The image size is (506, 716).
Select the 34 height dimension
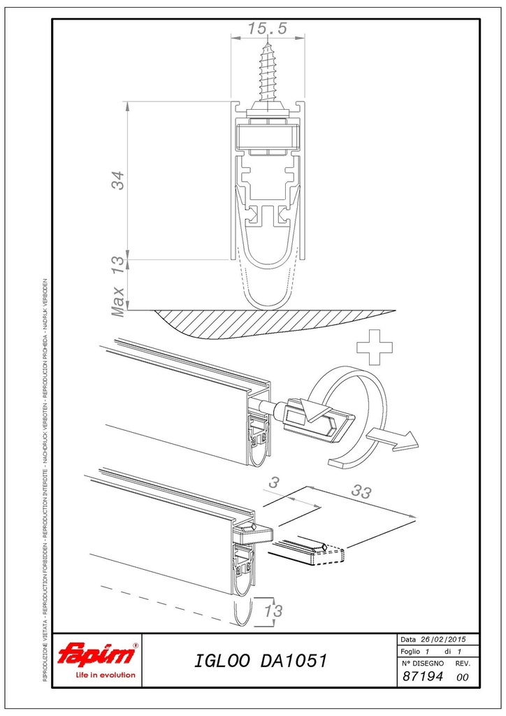(x=117, y=180)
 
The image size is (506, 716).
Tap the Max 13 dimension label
(x=117, y=286)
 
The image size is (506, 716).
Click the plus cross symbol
(x=374, y=347)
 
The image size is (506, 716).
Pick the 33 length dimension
(x=361, y=492)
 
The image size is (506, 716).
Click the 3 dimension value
(x=273, y=482)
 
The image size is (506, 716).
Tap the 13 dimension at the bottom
(x=273, y=610)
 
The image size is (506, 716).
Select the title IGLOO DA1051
(x=261, y=660)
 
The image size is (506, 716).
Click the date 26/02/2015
(x=443, y=639)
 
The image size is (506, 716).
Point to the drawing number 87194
(x=423, y=676)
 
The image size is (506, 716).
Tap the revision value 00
(x=462, y=677)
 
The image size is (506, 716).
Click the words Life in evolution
(x=106, y=675)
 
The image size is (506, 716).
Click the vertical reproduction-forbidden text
(x=45, y=480)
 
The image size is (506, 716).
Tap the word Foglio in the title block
(x=410, y=652)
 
